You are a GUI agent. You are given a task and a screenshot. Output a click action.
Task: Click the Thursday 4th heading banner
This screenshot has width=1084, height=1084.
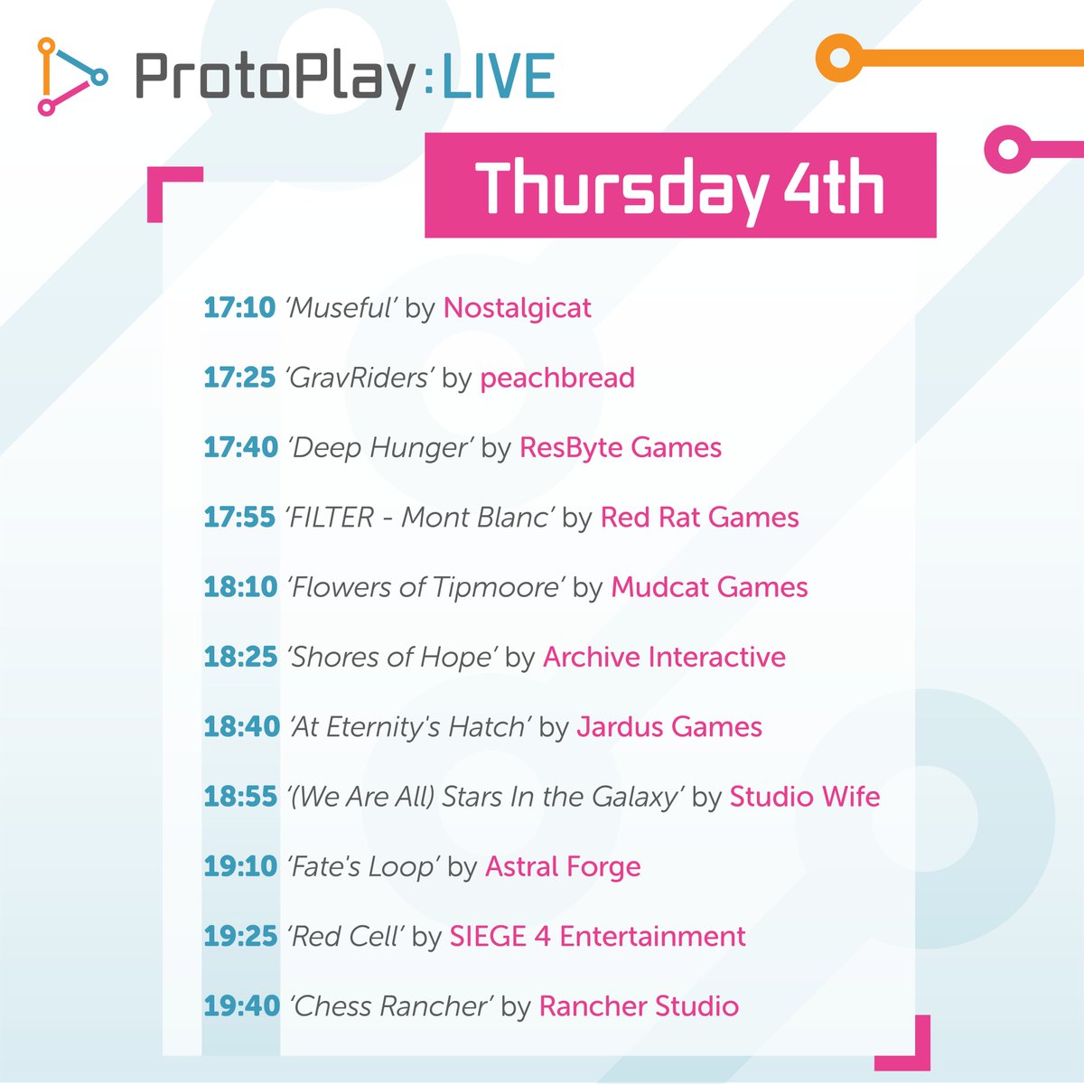[x=680, y=186]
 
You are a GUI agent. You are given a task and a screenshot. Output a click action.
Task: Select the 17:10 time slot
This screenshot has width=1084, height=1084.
[x=239, y=308]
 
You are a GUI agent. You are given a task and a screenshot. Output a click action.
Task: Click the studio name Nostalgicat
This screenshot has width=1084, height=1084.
[x=517, y=308]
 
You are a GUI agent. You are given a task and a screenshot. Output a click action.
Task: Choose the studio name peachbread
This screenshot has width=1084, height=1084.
[x=557, y=378]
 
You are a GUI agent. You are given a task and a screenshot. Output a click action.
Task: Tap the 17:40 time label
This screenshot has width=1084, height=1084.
[x=240, y=447]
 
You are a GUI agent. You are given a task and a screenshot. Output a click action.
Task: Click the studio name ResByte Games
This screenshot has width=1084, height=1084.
[x=621, y=447]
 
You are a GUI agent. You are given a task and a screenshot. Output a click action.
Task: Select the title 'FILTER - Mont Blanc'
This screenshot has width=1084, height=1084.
[x=419, y=518]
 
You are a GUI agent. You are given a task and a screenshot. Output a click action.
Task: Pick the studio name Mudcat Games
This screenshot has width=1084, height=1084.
[x=709, y=587]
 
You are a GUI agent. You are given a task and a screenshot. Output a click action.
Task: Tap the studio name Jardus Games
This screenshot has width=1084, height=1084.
[x=669, y=727]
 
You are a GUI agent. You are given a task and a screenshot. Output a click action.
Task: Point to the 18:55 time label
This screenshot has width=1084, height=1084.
[x=240, y=797]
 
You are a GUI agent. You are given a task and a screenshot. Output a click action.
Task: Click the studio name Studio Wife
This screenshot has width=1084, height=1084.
[x=805, y=797]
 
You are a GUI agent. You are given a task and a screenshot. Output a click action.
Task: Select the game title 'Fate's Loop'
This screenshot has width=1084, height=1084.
[x=363, y=867]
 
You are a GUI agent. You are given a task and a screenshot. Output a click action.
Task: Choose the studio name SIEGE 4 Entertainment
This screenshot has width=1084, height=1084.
[x=598, y=937]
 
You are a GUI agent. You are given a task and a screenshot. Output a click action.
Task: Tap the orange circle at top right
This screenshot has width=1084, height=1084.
[x=840, y=58]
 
